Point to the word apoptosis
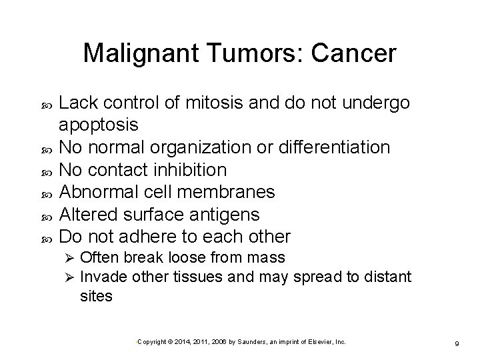click(99, 125)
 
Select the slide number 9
click(455, 342)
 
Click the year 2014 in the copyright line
click(182, 341)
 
